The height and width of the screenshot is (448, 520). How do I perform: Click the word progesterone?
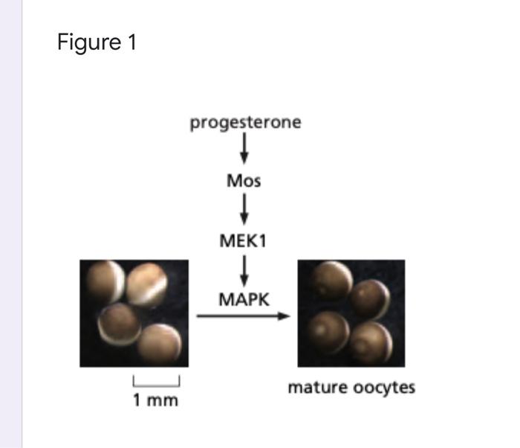tap(245, 122)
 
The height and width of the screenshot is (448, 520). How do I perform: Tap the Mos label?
tap(244, 180)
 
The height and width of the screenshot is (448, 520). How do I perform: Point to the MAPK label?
tap(244, 299)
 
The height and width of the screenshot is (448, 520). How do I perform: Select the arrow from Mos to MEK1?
tap(244, 209)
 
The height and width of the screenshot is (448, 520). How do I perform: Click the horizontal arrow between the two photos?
tap(242, 316)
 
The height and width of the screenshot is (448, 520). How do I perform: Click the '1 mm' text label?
tap(156, 401)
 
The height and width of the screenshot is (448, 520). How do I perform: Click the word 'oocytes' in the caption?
tap(383, 388)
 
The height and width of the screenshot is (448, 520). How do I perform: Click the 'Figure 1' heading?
tap(97, 43)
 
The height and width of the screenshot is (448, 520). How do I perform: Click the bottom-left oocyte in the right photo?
tap(328, 328)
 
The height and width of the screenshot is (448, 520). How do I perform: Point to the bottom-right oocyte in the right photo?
tap(371, 342)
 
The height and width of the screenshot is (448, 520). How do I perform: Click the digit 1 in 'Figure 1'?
tap(131, 43)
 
